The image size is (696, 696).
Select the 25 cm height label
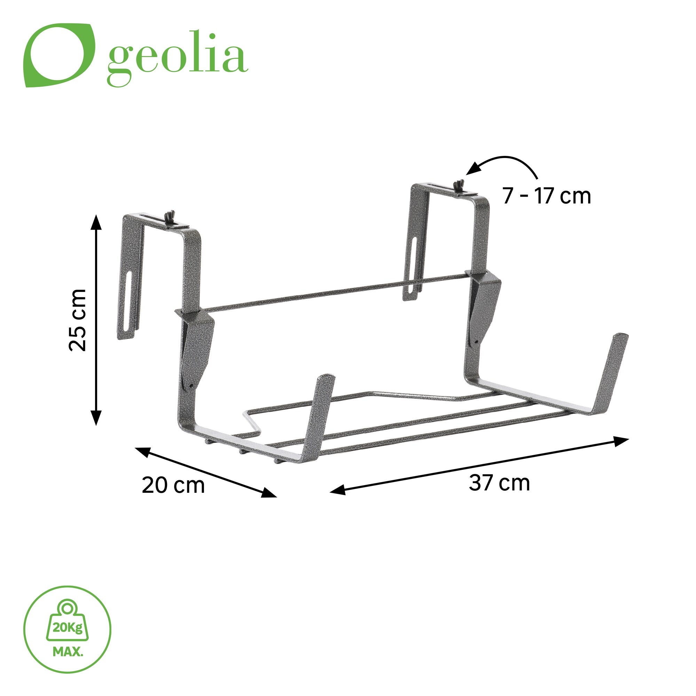(78, 319)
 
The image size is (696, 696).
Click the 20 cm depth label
(173, 485)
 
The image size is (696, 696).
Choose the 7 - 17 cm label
(546, 196)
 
